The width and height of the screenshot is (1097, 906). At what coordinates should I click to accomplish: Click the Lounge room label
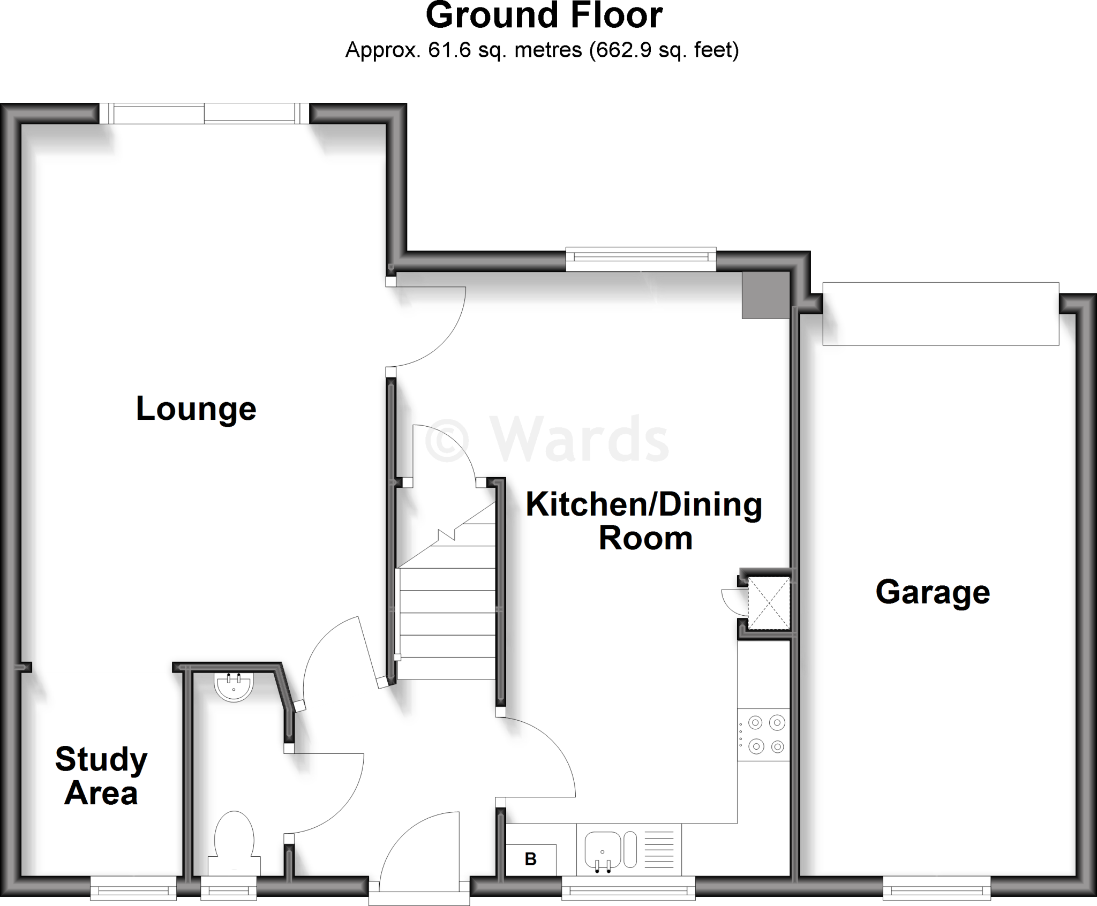[196, 409]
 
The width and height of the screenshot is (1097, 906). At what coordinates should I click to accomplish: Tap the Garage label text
[933, 592]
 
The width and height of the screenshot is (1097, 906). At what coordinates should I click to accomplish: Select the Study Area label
[101, 776]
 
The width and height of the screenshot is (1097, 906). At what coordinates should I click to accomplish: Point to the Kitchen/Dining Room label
[644, 521]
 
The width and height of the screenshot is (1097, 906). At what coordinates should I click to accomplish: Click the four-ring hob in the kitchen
[764, 734]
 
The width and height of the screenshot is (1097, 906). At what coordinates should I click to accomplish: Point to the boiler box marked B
[531, 859]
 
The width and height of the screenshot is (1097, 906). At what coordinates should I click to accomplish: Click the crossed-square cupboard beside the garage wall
[769, 603]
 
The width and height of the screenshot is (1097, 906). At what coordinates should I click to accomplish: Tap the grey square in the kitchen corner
[765, 295]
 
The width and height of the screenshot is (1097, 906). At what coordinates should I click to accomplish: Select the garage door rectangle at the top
[941, 314]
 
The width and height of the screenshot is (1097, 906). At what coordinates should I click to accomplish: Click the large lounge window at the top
[204, 114]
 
